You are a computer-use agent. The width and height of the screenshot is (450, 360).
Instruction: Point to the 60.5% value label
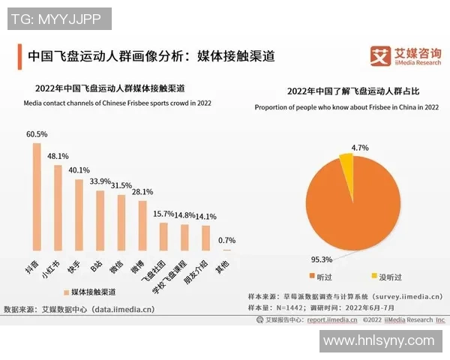tap(37, 134)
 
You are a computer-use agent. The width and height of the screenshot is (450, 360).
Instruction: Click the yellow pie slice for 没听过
tap(346, 160)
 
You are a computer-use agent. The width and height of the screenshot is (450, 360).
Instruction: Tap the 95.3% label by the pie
tap(321, 259)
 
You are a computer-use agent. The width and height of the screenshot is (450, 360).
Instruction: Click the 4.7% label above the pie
tap(359, 148)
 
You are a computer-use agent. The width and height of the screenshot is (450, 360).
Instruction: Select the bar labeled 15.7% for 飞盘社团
tap(163, 235)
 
